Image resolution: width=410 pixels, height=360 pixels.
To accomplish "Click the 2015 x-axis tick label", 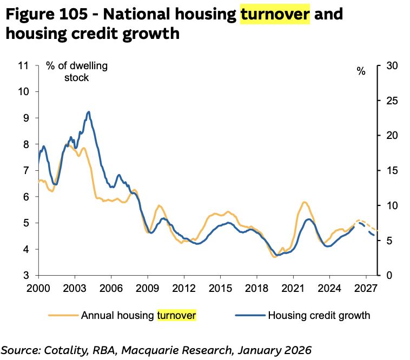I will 220,287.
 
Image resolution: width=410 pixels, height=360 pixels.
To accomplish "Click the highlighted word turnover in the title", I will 275,14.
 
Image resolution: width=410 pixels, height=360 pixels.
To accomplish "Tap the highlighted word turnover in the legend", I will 176,315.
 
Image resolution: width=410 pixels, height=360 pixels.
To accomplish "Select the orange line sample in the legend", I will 63,315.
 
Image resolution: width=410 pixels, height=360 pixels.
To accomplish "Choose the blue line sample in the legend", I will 250,315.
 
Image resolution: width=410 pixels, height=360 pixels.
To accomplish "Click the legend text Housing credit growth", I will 319,315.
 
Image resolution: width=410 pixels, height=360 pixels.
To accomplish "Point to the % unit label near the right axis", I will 361,71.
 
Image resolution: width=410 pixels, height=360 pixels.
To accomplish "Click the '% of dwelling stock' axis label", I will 77,71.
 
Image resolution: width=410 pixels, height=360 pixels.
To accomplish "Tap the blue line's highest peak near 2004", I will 88,112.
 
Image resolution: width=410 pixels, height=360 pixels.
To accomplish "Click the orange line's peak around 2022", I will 305,202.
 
